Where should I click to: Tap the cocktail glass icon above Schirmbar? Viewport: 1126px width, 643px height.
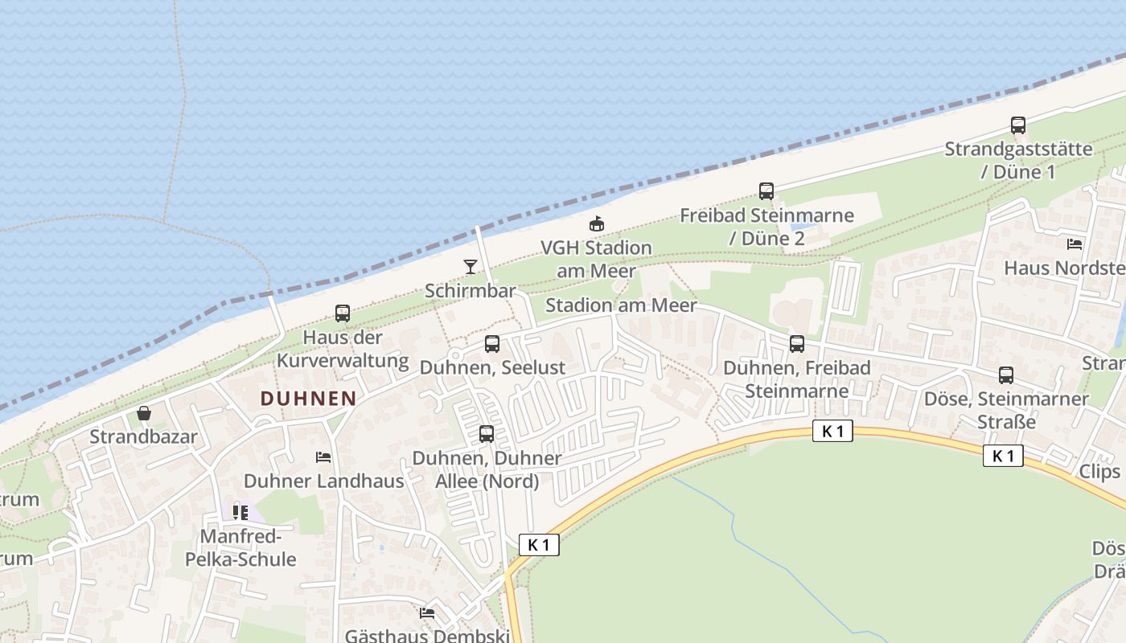tap(471, 266)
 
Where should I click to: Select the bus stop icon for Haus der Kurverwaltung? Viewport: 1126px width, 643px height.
tap(343, 313)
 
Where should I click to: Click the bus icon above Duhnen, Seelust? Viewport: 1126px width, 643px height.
tap(492, 344)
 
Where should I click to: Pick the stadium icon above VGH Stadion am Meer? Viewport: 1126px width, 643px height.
tap(597, 223)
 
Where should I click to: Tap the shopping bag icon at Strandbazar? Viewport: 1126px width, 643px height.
tap(144, 413)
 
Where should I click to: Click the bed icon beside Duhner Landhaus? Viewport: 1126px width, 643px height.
tap(323, 457)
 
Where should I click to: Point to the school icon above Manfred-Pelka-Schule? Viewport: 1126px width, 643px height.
tap(240, 512)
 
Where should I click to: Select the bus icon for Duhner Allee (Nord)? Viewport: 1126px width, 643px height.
tap(487, 434)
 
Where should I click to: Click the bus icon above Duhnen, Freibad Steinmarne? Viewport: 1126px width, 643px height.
tap(797, 344)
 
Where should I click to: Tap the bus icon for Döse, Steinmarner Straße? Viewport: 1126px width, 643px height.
tap(1006, 375)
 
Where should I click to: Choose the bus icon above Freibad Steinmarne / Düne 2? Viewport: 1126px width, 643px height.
tap(766, 191)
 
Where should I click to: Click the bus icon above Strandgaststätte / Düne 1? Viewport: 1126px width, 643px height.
tap(1018, 125)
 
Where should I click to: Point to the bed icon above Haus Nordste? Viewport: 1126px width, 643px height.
tap(1075, 244)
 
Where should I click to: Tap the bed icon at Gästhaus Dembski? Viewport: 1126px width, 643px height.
tap(427, 613)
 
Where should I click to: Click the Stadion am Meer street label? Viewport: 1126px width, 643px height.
tap(621, 305)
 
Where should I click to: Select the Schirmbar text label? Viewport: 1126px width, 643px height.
tap(470, 290)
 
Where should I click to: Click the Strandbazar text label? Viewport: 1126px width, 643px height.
tap(143, 437)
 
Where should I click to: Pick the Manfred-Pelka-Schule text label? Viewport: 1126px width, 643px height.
tap(240, 547)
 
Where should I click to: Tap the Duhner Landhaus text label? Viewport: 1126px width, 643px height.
tap(323, 481)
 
